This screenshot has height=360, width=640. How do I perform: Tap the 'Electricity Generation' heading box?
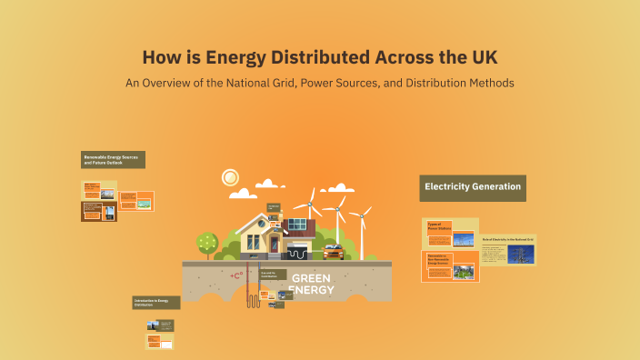472,187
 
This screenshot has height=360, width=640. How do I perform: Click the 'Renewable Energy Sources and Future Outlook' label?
113,160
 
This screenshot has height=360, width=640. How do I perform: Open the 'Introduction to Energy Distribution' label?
155,302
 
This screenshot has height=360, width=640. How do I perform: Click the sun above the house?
230,177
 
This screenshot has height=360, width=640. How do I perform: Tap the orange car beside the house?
333,251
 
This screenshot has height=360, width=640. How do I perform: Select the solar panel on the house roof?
296,225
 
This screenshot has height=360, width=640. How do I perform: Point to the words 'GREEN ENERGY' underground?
310,285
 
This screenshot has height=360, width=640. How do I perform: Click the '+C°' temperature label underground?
236,275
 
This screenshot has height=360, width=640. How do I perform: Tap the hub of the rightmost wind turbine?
361,215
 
